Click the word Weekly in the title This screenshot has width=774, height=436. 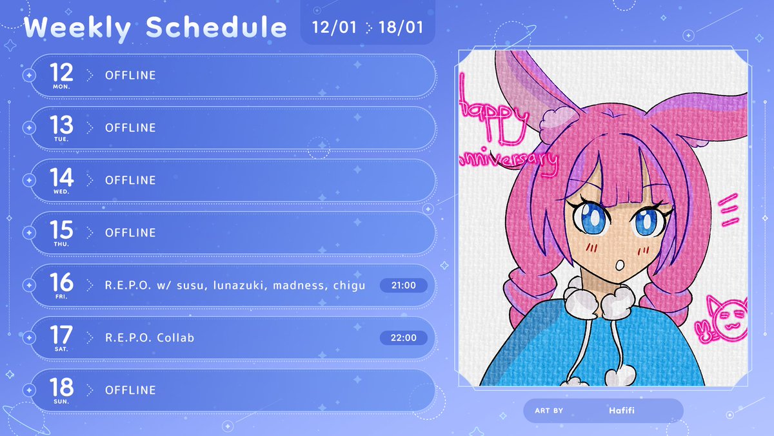pos(80,28)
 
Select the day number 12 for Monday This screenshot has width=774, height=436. pos(61,72)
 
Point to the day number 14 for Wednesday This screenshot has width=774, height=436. pos(61,177)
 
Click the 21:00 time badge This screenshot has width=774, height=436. pos(403,285)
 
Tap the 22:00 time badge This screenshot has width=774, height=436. pos(403,337)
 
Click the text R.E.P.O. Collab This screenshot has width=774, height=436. pos(150,338)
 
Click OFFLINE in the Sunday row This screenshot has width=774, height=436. pos(130,390)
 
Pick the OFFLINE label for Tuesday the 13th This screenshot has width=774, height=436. pos(130,128)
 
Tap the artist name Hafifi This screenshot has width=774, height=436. pos(623,410)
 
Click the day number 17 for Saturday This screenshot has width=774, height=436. pos(61,335)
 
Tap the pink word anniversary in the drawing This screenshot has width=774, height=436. pos(507,161)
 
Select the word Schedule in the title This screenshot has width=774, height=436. pos(217,28)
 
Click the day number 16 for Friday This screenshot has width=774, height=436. pos(61,282)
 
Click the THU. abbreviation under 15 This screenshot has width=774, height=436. pos(62,244)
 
